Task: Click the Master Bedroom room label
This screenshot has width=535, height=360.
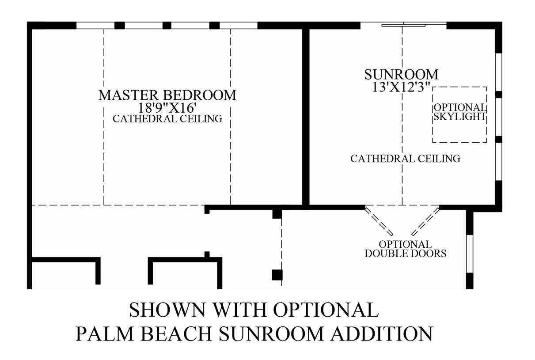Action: (x=167, y=95)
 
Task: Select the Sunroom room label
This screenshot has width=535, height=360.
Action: (x=401, y=75)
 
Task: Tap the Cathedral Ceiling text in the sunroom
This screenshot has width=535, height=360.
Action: (x=405, y=159)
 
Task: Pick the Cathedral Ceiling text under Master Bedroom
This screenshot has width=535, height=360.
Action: (x=167, y=119)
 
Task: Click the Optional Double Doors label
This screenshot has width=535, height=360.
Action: (x=405, y=249)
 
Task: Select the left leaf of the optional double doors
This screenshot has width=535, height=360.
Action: (x=379, y=221)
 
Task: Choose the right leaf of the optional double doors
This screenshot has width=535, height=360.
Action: (x=425, y=221)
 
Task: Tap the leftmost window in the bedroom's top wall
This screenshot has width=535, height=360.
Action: (x=95, y=25)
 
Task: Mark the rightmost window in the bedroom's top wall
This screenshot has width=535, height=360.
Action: (x=239, y=25)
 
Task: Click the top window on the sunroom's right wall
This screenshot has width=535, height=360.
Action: (x=498, y=72)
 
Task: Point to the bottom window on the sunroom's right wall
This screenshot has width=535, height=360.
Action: (x=498, y=162)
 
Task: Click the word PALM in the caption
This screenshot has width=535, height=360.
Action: (x=104, y=333)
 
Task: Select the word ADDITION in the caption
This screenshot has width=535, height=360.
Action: (x=381, y=333)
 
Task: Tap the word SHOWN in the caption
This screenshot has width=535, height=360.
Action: (x=167, y=310)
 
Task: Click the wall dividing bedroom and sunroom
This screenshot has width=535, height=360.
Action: (x=306, y=117)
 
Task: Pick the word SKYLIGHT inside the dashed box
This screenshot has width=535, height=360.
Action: (x=460, y=117)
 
